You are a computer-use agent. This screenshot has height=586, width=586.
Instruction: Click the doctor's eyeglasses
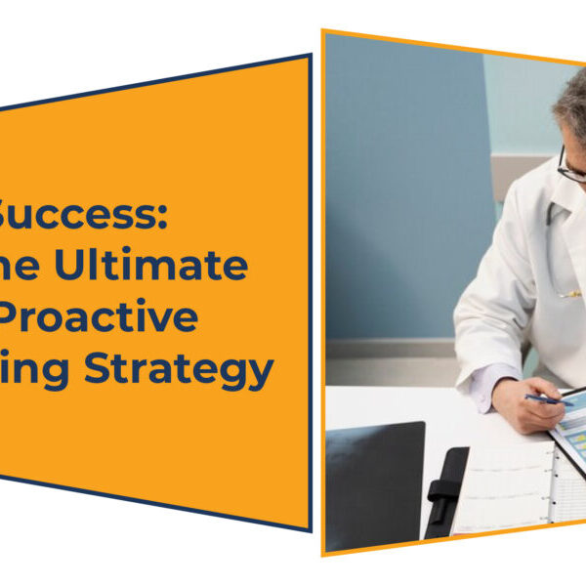coord(570,166)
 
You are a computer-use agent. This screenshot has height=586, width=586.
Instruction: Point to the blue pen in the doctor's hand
coord(547,398)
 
